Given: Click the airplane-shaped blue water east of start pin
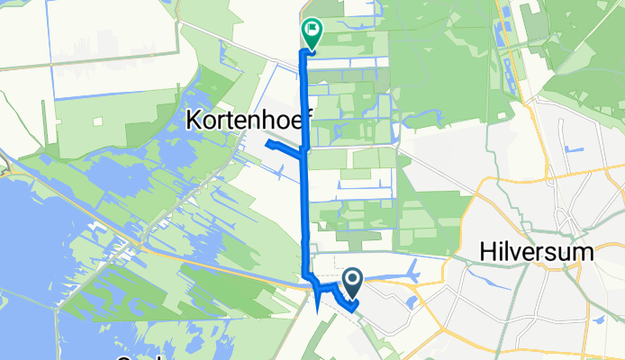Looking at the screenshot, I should (x=409, y=270).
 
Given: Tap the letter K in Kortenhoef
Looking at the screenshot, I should (x=194, y=119).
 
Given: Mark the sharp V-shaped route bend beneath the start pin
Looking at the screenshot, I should (x=353, y=305).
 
